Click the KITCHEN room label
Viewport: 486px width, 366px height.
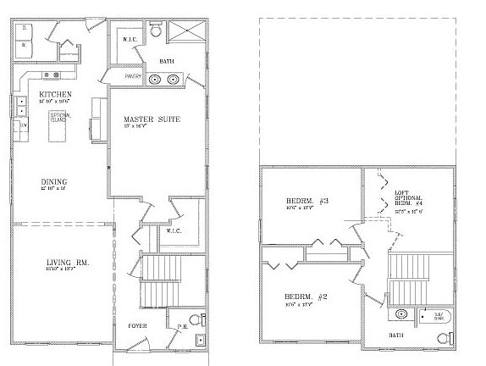pos(54,94)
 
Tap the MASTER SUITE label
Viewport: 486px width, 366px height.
pos(151,119)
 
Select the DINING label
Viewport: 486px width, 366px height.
pos(54,181)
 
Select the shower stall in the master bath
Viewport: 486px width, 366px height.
pos(185,32)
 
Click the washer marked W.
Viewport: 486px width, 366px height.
pos(25,43)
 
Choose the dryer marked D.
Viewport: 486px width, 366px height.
pos(25,28)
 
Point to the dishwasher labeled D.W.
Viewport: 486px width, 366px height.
pos(25,125)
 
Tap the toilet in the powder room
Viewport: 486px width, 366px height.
pos(196,319)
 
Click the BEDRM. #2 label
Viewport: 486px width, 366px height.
pos(300,297)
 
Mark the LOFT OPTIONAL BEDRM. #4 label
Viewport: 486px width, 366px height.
pos(410,200)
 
